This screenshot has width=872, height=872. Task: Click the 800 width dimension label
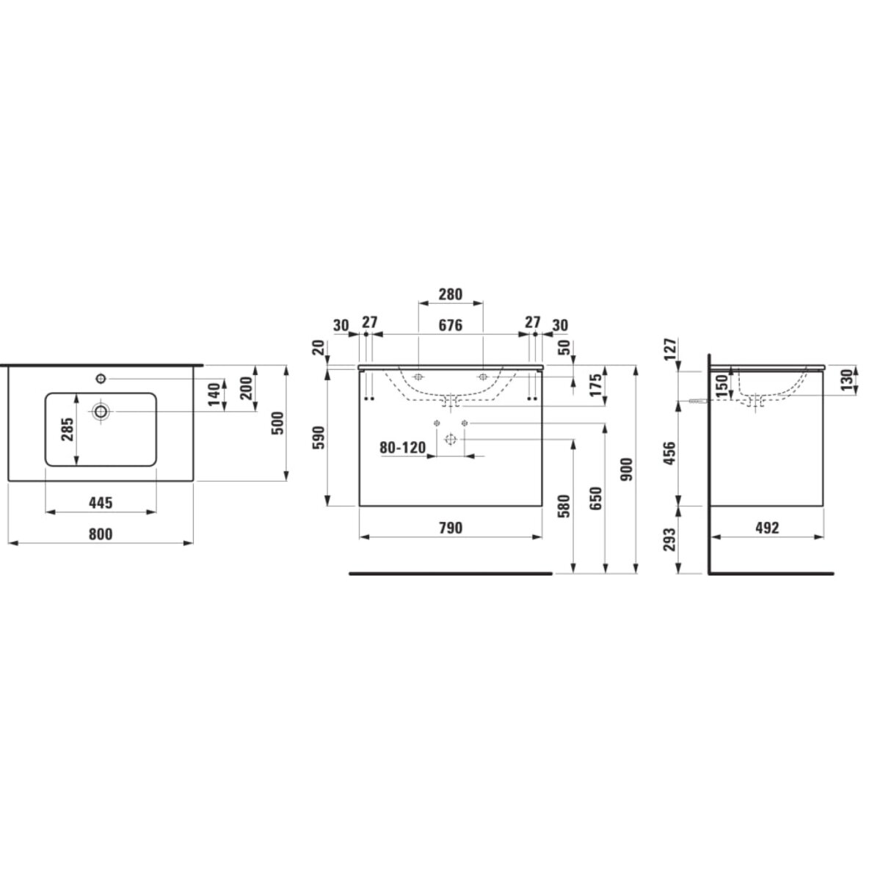point(101,534)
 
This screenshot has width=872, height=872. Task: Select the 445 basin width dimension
point(101,503)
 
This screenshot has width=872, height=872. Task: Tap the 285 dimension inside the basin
point(67,429)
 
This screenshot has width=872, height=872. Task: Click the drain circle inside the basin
point(101,412)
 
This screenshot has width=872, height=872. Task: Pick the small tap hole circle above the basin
point(101,379)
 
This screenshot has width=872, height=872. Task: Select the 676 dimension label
point(450,324)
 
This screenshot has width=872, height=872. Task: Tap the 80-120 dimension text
point(403,447)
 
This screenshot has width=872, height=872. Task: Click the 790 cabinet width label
point(450,527)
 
